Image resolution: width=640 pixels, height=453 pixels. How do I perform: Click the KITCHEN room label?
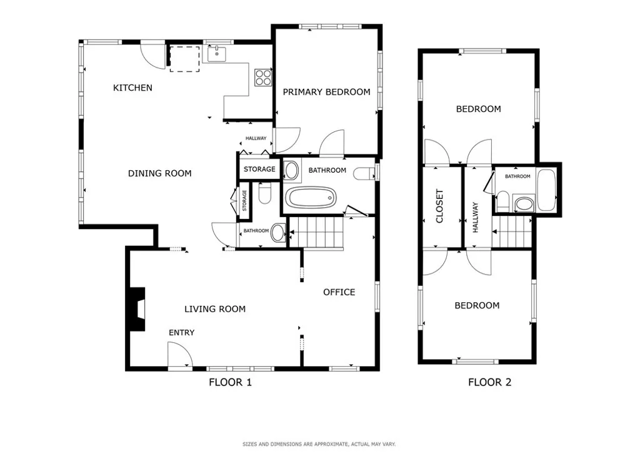coord(132,88)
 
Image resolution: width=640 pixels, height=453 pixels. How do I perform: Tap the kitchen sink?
coord(217,54)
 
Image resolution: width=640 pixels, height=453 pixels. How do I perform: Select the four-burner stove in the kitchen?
coord(263,77)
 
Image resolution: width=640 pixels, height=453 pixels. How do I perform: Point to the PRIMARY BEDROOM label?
coord(326,92)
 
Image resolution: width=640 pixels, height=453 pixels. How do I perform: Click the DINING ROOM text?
coord(159,173)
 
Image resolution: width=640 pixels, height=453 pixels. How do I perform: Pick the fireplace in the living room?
coord(137,309)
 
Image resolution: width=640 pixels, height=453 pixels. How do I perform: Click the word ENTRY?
coord(182,332)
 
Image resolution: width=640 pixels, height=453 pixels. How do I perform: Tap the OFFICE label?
coord(339,292)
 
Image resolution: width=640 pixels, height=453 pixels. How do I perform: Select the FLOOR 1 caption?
coord(230,382)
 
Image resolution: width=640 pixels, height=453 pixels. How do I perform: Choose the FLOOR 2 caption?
coord(490,382)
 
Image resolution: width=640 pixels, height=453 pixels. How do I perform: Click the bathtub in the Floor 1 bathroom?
coord(311,198)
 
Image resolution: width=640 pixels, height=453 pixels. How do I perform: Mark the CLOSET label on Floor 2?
coord(439,206)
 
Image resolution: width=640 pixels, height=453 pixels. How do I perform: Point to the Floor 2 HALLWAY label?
coord(475,217)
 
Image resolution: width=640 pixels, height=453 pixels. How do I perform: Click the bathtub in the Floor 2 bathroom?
coord(546,190)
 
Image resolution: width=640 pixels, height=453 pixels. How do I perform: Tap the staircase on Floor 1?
coord(316,232)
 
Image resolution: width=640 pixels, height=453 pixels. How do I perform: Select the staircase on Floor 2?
coord(512,232)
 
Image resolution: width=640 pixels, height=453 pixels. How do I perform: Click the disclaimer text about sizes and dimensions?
coord(319,444)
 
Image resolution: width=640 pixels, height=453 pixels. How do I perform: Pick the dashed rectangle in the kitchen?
coord(185,59)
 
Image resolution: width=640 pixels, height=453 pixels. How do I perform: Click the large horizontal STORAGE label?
coord(259,169)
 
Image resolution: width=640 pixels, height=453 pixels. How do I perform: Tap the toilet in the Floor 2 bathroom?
coord(503,201)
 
